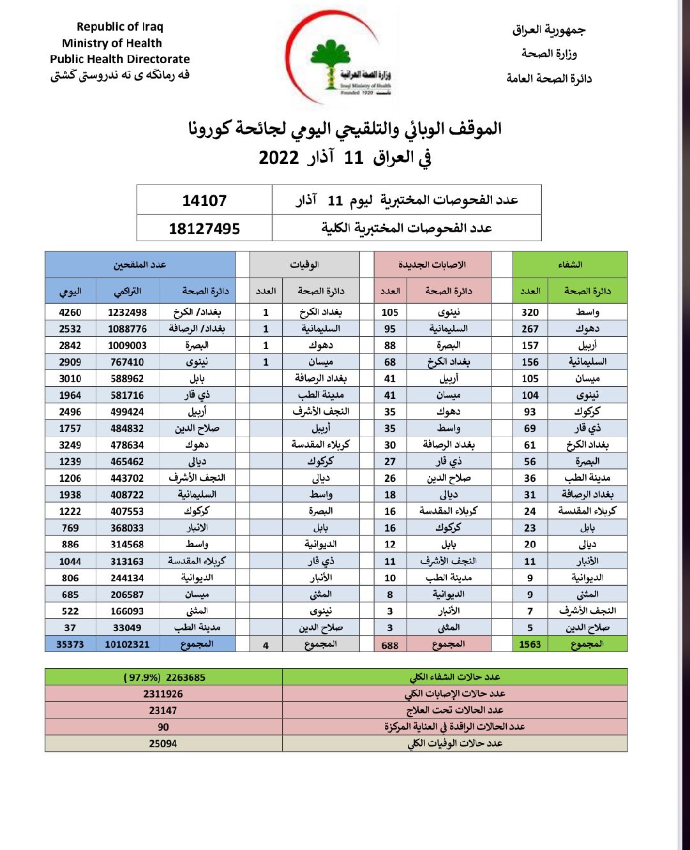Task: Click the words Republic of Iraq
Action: (x=120, y=27)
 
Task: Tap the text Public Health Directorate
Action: (x=120, y=59)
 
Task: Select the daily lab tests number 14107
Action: (x=204, y=201)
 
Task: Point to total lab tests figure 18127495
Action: (x=204, y=228)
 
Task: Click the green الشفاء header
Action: (x=569, y=265)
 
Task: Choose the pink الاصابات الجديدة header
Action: (x=432, y=265)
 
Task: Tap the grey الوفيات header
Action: (x=304, y=265)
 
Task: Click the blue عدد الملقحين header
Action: (x=140, y=265)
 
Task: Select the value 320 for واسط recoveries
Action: (x=530, y=312)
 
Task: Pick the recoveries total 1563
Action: (x=530, y=645)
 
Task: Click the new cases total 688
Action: (x=390, y=645)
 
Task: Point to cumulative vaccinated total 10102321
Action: (x=127, y=645)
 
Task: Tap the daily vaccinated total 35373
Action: (x=70, y=645)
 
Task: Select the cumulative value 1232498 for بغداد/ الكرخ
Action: (x=128, y=312)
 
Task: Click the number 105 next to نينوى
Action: (x=390, y=312)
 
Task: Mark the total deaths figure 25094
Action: (x=163, y=743)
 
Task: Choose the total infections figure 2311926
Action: (x=163, y=694)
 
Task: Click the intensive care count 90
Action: (x=163, y=727)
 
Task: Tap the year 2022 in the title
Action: (x=279, y=158)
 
